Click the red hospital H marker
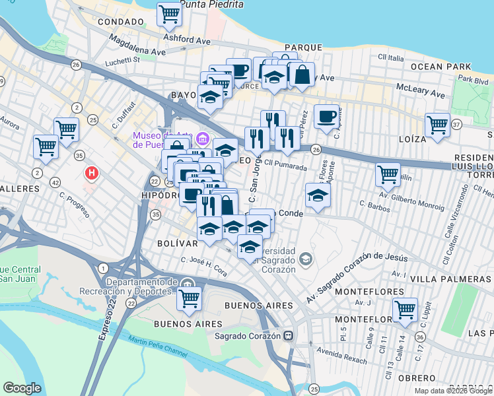coord(92,174)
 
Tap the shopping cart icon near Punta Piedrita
coord(169,13)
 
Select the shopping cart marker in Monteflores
coord(404,309)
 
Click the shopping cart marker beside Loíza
coord(437,124)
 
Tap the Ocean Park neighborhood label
coord(441,67)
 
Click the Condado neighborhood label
coord(120,22)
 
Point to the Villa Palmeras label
coord(451,279)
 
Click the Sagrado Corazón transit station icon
coord(288,335)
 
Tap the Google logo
coord(22,388)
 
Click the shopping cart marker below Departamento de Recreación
coord(189,298)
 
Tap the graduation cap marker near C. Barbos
coord(318,195)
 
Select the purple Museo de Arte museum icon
coord(203,139)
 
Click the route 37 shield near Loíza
coord(456,123)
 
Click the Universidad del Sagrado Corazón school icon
coord(304,258)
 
